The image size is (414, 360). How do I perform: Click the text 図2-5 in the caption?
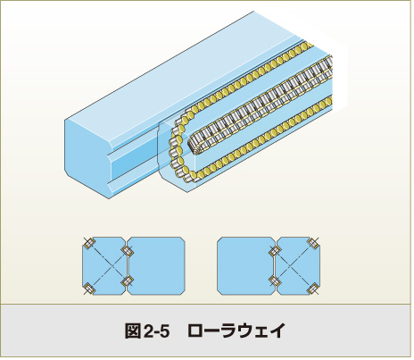click(x=147, y=331)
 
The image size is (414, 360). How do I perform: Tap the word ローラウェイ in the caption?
click(x=236, y=331)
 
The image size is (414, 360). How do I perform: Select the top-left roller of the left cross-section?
click(x=88, y=244)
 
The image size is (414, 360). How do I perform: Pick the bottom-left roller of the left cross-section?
click(x=88, y=289)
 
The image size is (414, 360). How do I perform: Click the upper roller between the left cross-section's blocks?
click(x=128, y=251)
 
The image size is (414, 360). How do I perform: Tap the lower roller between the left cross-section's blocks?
click(x=128, y=280)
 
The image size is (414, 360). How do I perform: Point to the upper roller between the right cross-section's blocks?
click(x=274, y=251)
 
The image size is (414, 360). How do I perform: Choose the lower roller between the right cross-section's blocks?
click(x=274, y=280)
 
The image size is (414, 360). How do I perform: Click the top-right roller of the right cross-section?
click(x=313, y=244)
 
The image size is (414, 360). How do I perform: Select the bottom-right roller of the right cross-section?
click(x=313, y=289)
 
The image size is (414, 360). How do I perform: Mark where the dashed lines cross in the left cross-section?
click(x=109, y=266)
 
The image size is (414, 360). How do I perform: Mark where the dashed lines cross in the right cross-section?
click(x=294, y=266)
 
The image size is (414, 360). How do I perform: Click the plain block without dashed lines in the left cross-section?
click(x=156, y=266)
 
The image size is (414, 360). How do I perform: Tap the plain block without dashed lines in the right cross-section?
click(x=246, y=266)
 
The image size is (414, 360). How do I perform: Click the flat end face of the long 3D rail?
click(x=87, y=156)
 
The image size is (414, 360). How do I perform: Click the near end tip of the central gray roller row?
click(x=193, y=146)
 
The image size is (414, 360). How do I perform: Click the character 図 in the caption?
click(x=132, y=331)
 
